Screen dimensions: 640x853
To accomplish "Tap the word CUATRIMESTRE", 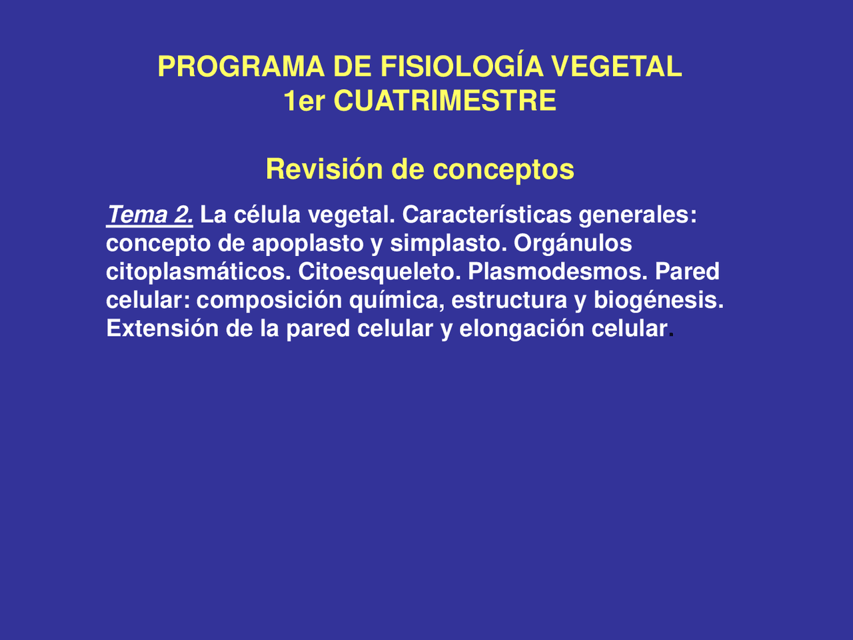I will (x=444, y=101).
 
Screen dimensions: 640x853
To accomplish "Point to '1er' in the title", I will (x=304, y=101).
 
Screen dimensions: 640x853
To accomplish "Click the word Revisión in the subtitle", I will (x=325, y=169).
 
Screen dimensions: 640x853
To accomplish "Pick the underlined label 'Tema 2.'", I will (x=150, y=215).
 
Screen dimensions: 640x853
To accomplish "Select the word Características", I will (x=486, y=215).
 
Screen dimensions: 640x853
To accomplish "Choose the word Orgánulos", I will (x=572, y=243).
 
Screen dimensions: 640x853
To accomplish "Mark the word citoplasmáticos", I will (x=198, y=272).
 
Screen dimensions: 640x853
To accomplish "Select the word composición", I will (x=269, y=300).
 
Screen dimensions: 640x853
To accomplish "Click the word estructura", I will (x=509, y=300).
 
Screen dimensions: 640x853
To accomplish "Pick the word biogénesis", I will (x=658, y=300).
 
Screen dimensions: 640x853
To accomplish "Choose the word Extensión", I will (x=162, y=329).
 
